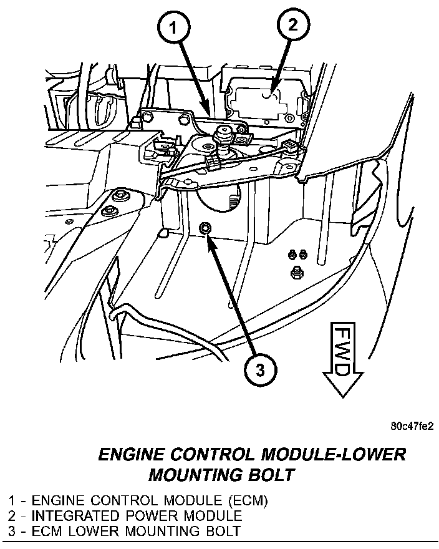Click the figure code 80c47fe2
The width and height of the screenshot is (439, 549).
coord(412,427)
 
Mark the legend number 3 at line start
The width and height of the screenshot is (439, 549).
coord(12,532)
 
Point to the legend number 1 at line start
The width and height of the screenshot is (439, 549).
coord(12,501)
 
